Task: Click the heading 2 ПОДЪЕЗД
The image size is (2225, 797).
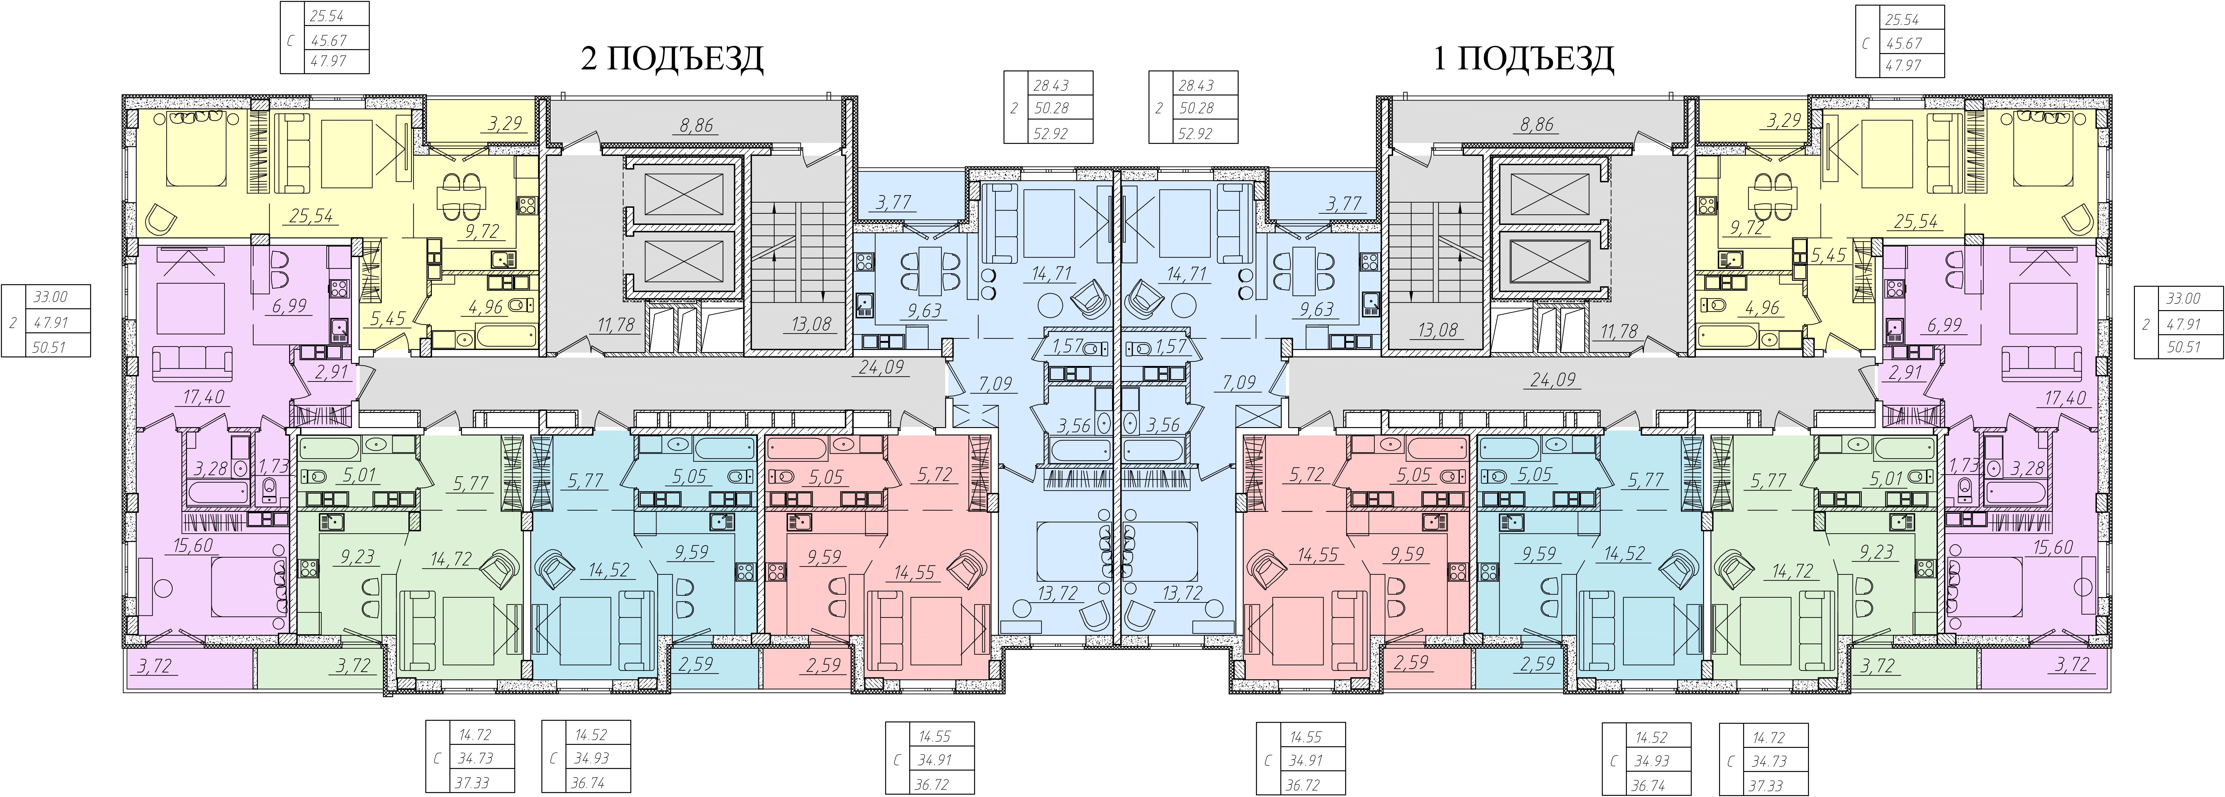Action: point(672,59)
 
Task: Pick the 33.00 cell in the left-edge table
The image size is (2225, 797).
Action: point(50,297)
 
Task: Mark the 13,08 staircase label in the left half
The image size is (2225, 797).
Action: point(811,324)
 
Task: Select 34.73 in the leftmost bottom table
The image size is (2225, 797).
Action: point(476,758)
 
